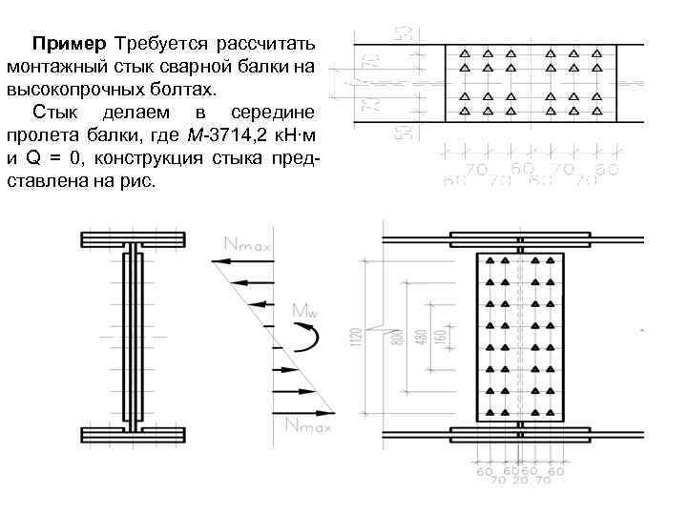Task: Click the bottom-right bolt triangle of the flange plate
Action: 598,112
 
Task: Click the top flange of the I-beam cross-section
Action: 134,238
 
